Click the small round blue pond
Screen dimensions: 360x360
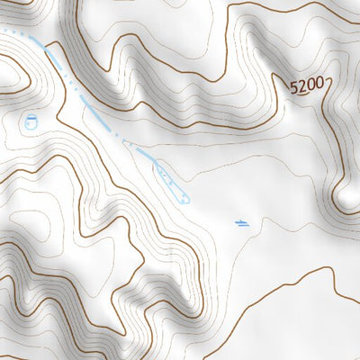coord(31,121)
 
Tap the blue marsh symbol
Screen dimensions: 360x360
coord(241,222)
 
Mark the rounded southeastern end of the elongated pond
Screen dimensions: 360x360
coord(186,197)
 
